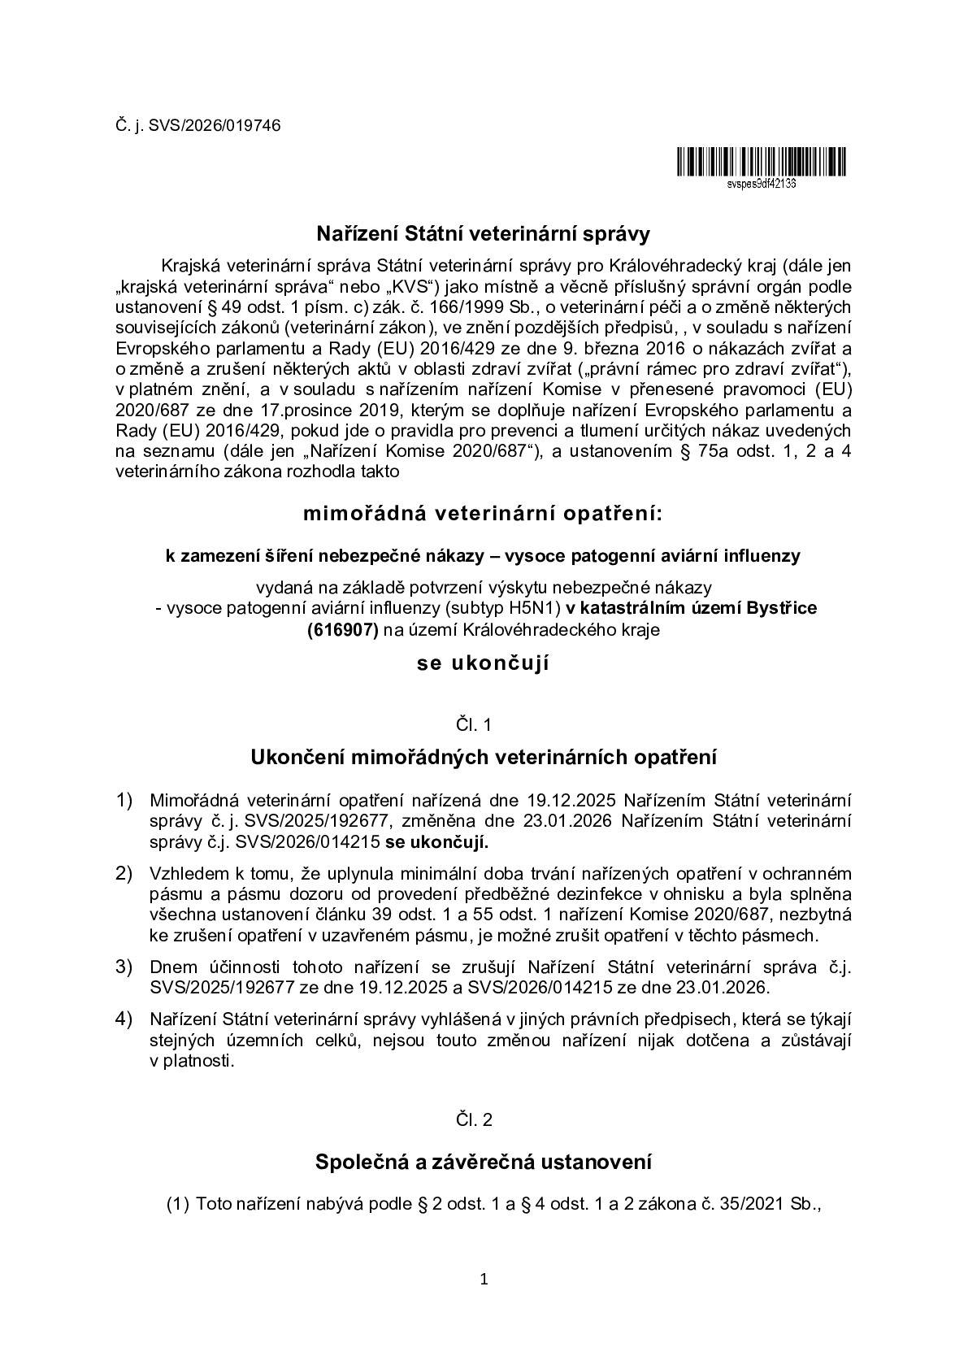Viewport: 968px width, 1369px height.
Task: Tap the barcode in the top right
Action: click(x=760, y=163)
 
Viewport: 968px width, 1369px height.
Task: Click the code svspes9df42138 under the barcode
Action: click(x=761, y=184)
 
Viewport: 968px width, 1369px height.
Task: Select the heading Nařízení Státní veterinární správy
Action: click(x=483, y=235)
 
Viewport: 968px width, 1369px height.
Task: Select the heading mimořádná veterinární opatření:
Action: click(x=483, y=514)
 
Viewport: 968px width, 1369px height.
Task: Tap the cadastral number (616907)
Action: click(x=342, y=628)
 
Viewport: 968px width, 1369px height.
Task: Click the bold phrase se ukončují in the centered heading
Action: click(x=483, y=663)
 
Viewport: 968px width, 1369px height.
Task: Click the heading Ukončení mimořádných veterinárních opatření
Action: click(x=483, y=758)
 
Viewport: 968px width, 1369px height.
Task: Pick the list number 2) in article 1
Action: click(x=124, y=874)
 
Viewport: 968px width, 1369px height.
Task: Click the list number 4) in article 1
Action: click(x=124, y=1019)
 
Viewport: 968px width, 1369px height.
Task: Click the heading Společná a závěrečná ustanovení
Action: click(x=483, y=1163)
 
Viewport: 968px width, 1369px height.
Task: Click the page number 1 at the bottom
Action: click(x=484, y=1280)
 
